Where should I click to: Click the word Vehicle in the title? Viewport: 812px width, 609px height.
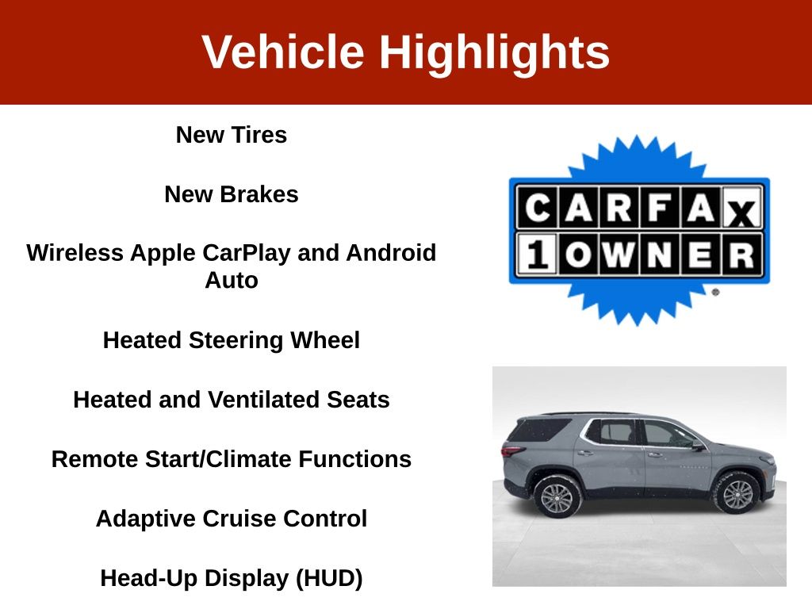coord(283,52)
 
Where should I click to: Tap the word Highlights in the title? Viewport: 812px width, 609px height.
coord(495,53)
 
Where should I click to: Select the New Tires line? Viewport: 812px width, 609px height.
coord(232,135)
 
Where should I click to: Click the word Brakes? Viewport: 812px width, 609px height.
coord(259,194)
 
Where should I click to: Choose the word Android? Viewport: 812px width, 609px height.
coord(391,253)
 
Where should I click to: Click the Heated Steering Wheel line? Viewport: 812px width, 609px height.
coord(232,340)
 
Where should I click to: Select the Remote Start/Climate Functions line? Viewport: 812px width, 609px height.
coord(232,459)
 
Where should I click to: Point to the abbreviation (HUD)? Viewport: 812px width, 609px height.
coord(329,578)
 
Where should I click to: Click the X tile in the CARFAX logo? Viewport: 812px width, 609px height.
coord(741,208)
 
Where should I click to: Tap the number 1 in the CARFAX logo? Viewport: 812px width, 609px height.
coord(537,255)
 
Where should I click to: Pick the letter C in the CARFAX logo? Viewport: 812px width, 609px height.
coord(538,208)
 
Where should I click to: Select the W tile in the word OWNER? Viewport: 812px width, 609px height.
coord(619,255)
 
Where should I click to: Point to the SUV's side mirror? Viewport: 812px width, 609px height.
coord(699,445)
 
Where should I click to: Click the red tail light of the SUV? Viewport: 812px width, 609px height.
coord(513,450)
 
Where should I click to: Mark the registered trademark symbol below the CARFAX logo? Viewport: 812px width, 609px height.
coord(716,292)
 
